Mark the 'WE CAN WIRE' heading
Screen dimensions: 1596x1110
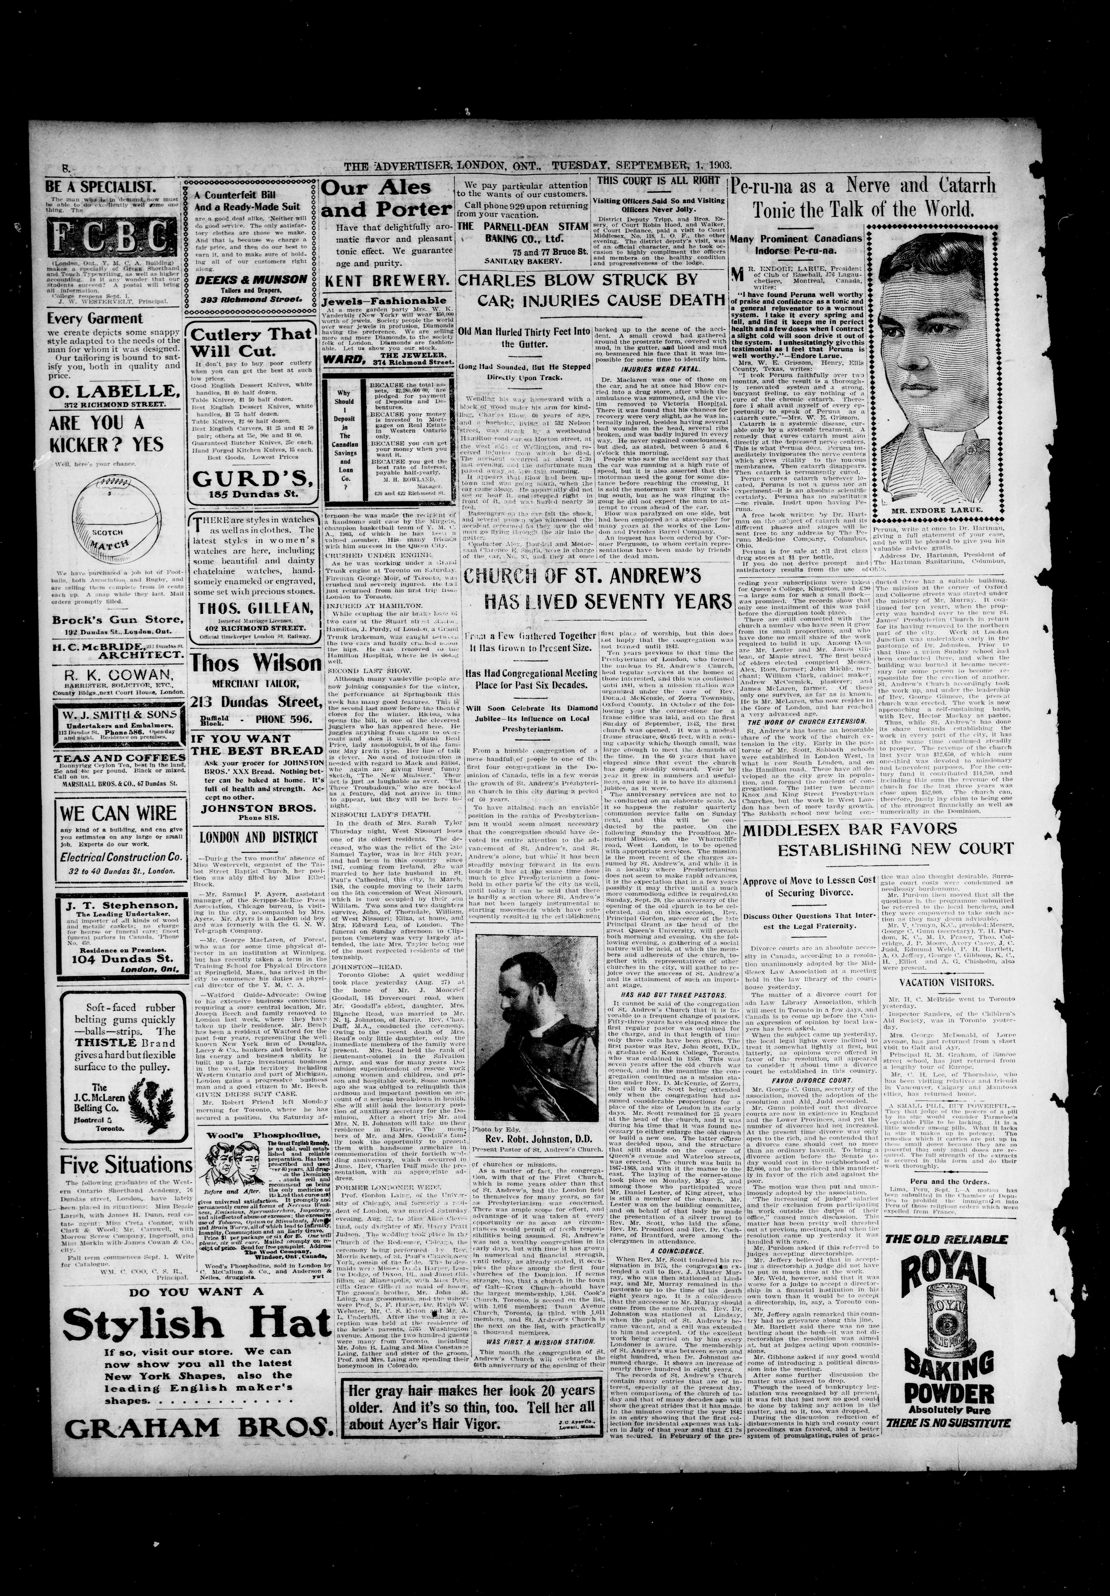[109, 813]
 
